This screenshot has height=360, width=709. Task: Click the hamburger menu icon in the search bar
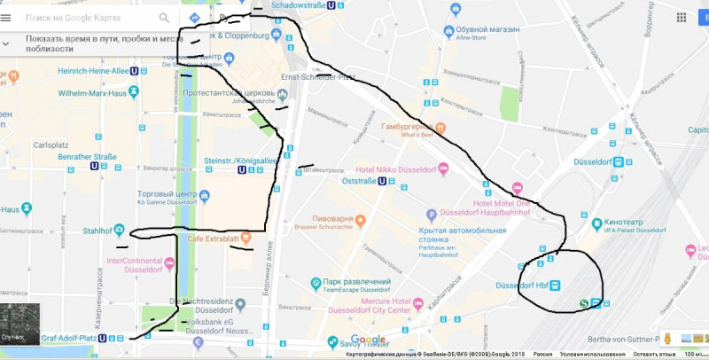[7, 17]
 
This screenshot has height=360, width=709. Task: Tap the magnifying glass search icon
[164, 17]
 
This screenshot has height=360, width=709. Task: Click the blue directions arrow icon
[194, 17]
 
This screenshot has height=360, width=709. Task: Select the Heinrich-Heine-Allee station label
[92, 70]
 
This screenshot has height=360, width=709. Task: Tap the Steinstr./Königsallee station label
[240, 160]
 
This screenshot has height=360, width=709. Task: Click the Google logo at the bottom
[369, 340]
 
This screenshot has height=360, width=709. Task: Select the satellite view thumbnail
[19, 325]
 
